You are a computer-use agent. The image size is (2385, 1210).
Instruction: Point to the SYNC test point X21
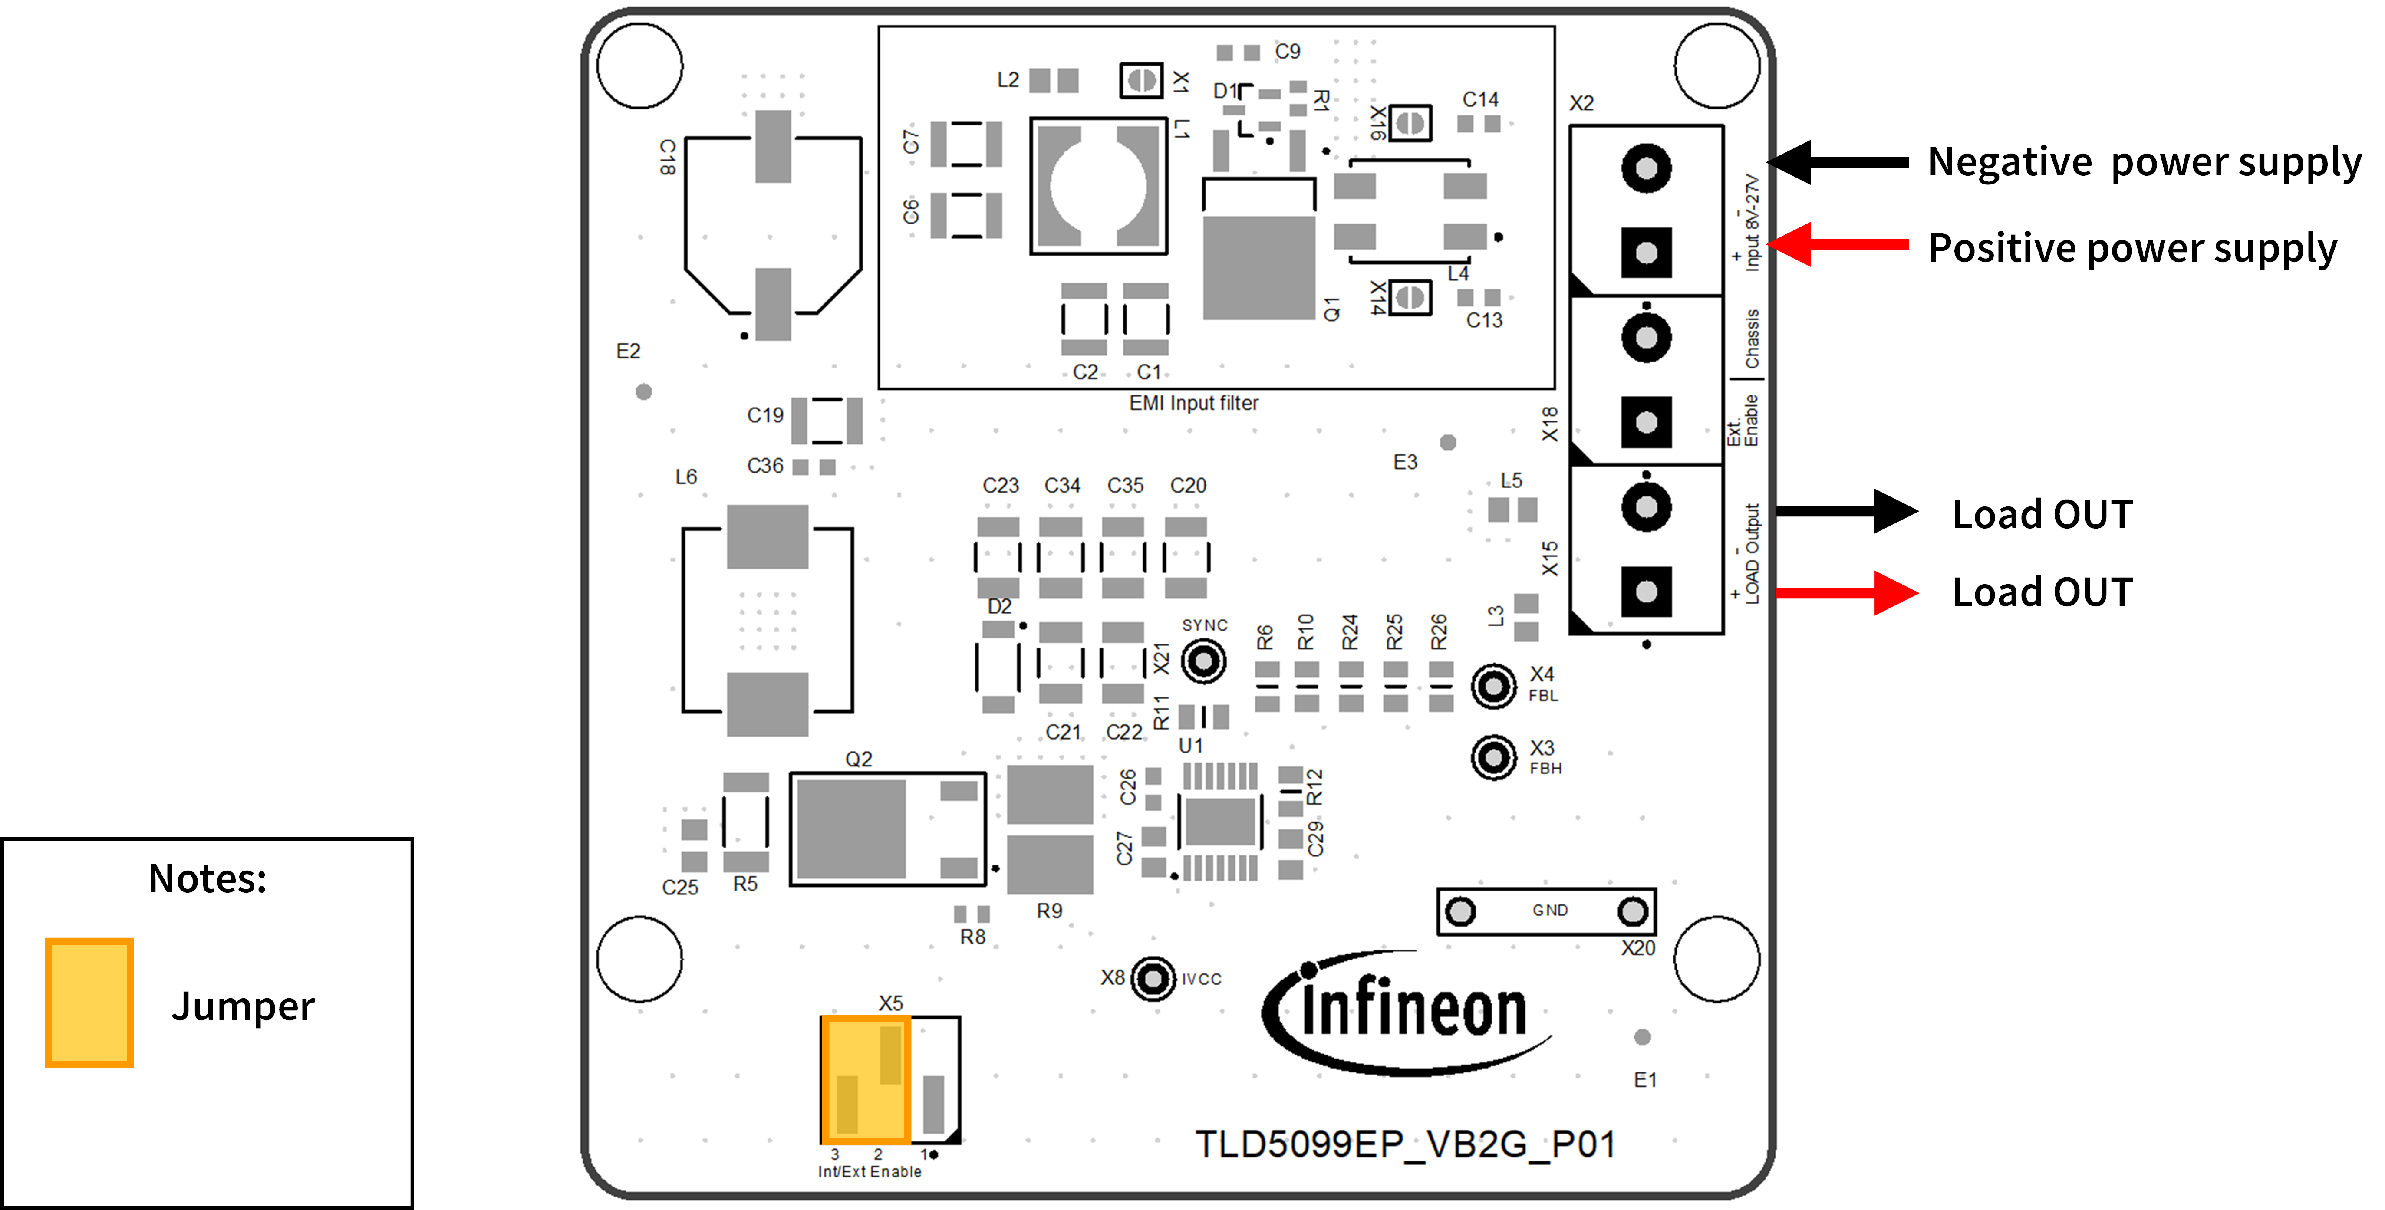pyautogui.click(x=1204, y=661)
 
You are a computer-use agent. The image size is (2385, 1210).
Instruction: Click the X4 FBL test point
pyautogui.click(x=1492, y=686)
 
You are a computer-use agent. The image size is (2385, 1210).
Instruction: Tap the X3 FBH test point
pyautogui.click(x=1492, y=757)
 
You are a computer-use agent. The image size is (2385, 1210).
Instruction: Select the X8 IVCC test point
pyautogui.click(x=1153, y=979)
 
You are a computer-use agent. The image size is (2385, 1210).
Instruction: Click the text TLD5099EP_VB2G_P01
pyautogui.click(x=1404, y=1144)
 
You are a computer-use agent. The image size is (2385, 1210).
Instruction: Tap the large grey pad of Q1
pyautogui.click(x=1258, y=267)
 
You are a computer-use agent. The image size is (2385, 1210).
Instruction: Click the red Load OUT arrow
pyautogui.click(x=1847, y=592)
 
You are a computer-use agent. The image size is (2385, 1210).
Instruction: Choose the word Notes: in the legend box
pyautogui.click(x=208, y=878)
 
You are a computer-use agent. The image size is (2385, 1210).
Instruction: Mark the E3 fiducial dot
pyautogui.click(x=1448, y=443)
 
